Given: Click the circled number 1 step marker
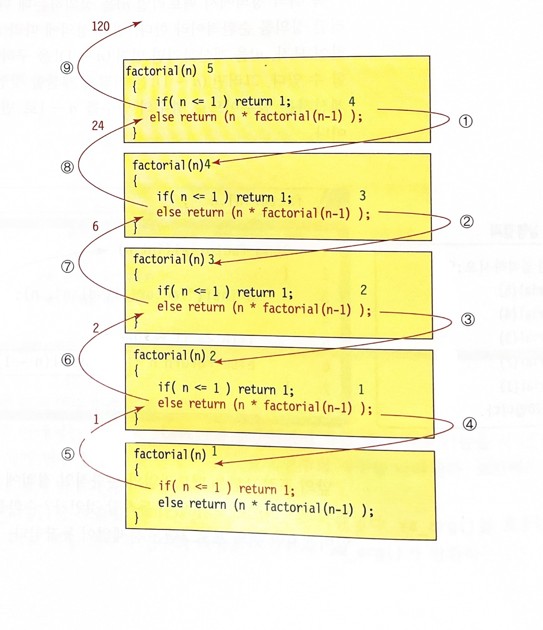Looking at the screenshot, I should [x=466, y=121].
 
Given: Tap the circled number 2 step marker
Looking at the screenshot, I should [x=467, y=221].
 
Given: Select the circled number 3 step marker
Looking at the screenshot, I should [x=468, y=319].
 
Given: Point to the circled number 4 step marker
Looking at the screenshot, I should [x=470, y=424].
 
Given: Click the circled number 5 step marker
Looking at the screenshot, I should [x=68, y=454].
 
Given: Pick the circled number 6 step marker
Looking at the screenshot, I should [x=68, y=360].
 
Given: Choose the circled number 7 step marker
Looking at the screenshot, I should [x=67, y=267].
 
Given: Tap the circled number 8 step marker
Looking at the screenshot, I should [x=67, y=167].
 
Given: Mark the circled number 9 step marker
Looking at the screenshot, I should [x=67, y=68].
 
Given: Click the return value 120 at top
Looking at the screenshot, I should [x=101, y=26].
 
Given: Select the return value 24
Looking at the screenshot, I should [x=98, y=125].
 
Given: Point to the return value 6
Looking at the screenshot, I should [x=95, y=226].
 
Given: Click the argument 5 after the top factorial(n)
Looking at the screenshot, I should [x=210, y=69].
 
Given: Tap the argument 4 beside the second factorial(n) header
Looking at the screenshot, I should [x=207, y=164].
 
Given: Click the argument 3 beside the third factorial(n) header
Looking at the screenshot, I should [x=211, y=259].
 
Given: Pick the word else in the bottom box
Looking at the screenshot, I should [x=170, y=503].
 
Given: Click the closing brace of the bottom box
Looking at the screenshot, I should [x=136, y=518].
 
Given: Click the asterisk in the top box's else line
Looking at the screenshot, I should [x=244, y=115].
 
